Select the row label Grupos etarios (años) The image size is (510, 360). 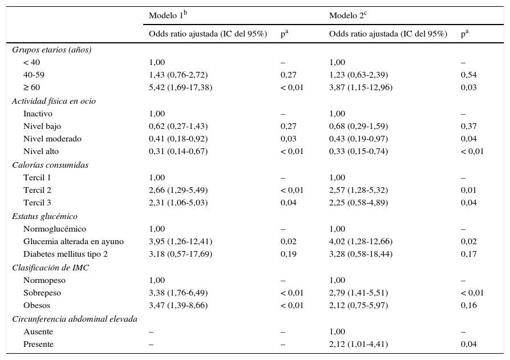(52, 50)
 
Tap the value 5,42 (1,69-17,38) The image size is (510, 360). (181, 87)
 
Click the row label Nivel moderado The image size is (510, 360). (52, 139)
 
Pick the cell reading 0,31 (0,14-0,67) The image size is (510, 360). (178, 151)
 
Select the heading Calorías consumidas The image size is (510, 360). (50, 165)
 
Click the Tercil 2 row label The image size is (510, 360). (37, 190)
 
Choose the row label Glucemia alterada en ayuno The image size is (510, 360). (74, 241)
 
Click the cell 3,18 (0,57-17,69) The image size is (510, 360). (181, 254)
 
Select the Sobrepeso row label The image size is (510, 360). (42, 293)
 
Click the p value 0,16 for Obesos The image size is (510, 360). (468, 305)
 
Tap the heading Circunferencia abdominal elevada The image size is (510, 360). (75, 319)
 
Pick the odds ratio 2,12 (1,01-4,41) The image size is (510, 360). (358, 344)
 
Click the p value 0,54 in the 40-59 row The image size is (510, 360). (468, 75)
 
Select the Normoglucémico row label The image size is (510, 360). (55, 229)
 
